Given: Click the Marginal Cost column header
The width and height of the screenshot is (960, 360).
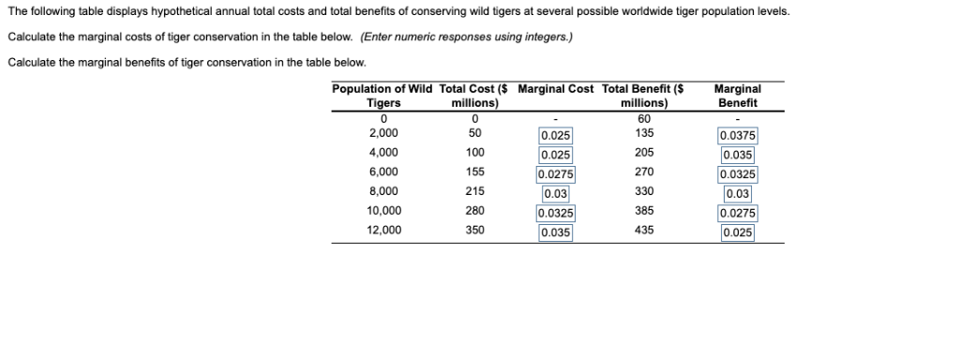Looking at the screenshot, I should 556,89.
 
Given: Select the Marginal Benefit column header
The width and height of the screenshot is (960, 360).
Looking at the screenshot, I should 736,96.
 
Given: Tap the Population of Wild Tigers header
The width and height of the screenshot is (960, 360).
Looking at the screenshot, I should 382,96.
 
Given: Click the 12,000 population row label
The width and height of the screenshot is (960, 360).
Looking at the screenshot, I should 383,230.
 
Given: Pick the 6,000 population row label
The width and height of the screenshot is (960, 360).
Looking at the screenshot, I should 383,172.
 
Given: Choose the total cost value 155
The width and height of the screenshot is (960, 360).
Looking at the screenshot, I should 474,172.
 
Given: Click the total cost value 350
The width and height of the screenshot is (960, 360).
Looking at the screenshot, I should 474,230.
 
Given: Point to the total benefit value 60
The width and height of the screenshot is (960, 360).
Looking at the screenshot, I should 642,118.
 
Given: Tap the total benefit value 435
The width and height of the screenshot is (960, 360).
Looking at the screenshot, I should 642,230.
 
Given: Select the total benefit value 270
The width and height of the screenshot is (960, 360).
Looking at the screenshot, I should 642,172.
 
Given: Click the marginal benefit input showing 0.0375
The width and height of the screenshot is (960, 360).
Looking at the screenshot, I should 737,135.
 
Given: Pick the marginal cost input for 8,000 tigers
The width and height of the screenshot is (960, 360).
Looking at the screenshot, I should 556,194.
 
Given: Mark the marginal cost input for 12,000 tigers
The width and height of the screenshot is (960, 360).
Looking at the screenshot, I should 556,232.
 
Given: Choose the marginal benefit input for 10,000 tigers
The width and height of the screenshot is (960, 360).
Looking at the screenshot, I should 737,213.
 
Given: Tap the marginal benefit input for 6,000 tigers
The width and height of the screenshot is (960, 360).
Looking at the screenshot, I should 737,174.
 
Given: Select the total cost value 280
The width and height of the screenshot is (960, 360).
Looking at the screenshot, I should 474,211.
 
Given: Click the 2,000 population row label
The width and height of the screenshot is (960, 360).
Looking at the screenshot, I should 383,133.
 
